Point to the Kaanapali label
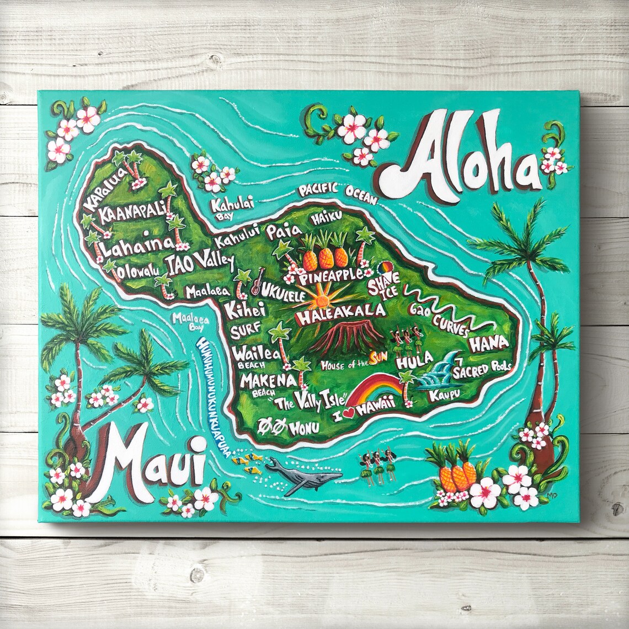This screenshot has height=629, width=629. (x=132, y=213)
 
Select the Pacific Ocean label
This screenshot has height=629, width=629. (x=337, y=191)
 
